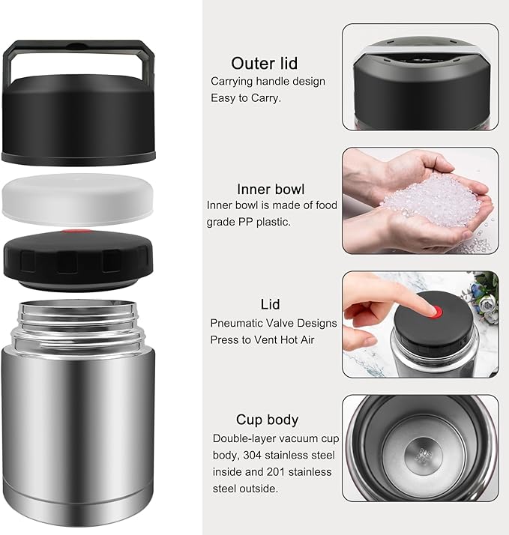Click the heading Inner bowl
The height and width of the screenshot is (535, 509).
(x=271, y=189)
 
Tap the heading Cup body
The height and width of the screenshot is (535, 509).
(x=267, y=420)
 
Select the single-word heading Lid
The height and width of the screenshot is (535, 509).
(x=270, y=304)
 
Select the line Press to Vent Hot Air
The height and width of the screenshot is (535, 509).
(x=261, y=340)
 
